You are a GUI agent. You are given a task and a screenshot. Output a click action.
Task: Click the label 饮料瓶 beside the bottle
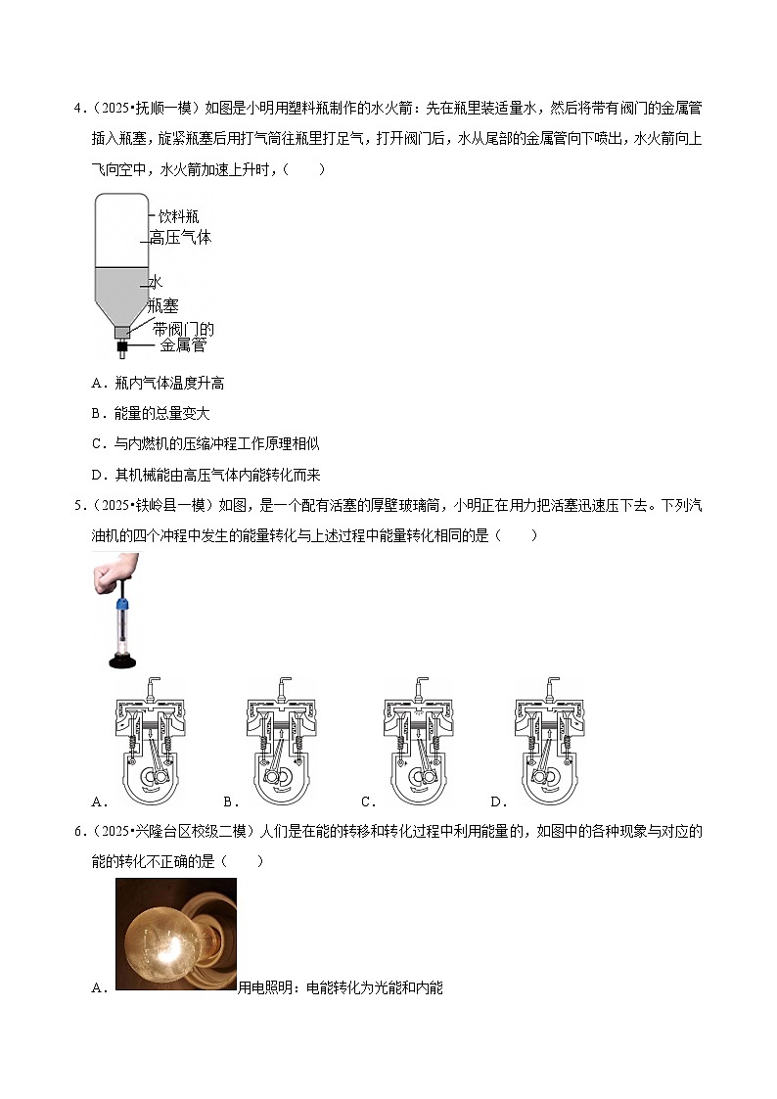[179, 216]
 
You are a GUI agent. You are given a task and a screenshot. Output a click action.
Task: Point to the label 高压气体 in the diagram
[180, 238]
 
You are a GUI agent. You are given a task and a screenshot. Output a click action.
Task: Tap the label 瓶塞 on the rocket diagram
[162, 306]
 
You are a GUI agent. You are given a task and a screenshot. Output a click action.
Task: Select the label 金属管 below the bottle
[183, 346]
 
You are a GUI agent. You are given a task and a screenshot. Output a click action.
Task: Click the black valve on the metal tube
[123, 346]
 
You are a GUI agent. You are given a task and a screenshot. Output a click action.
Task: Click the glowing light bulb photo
[175, 935]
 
